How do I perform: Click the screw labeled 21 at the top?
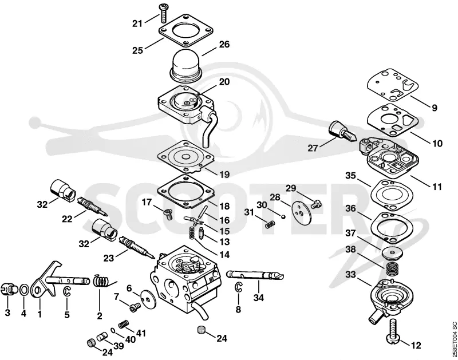(x=163, y=14)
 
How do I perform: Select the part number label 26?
(x=224, y=45)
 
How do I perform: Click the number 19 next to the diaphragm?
(x=224, y=175)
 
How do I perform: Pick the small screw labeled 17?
(x=168, y=214)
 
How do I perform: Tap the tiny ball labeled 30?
(x=283, y=216)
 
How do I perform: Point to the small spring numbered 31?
(x=270, y=224)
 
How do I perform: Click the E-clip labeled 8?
(x=239, y=287)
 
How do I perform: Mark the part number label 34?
(x=259, y=298)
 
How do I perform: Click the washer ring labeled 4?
(x=23, y=290)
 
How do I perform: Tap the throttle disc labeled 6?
(x=148, y=298)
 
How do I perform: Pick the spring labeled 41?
(x=124, y=324)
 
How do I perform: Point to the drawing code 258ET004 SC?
(x=454, y=338)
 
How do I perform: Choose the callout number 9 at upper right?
(x=435, y=108)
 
